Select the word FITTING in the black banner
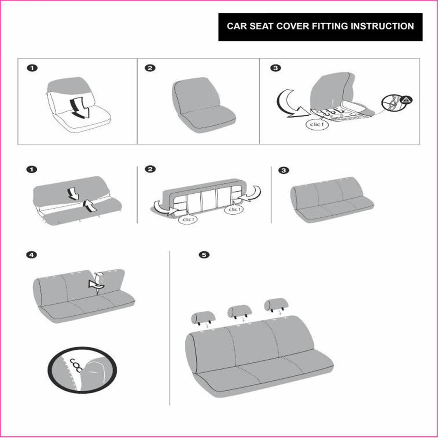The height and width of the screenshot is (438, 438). (325, 26)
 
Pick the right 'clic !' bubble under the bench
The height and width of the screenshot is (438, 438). (234, 210)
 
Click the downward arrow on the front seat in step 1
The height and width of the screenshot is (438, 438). (80, 107)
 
